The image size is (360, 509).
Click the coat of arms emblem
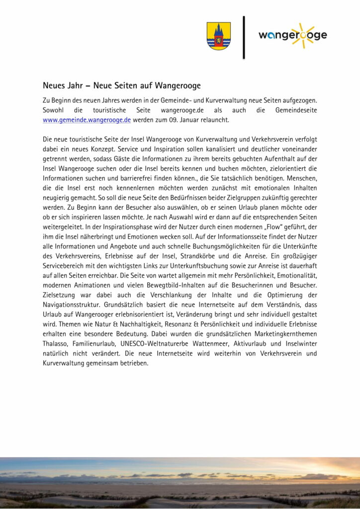(218, 36)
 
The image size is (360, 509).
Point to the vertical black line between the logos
(244, 37)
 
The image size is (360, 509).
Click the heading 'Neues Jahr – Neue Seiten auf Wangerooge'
(121, 85)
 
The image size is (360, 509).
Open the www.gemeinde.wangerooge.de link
(87, 120)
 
